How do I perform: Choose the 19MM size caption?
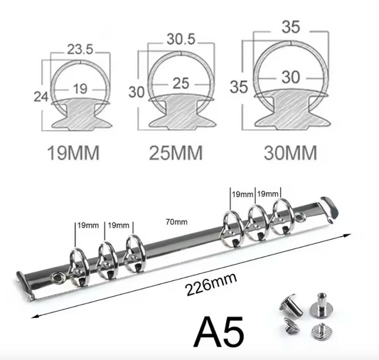click(x=74, y=152)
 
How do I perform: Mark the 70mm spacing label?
click(x=176, y=222)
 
